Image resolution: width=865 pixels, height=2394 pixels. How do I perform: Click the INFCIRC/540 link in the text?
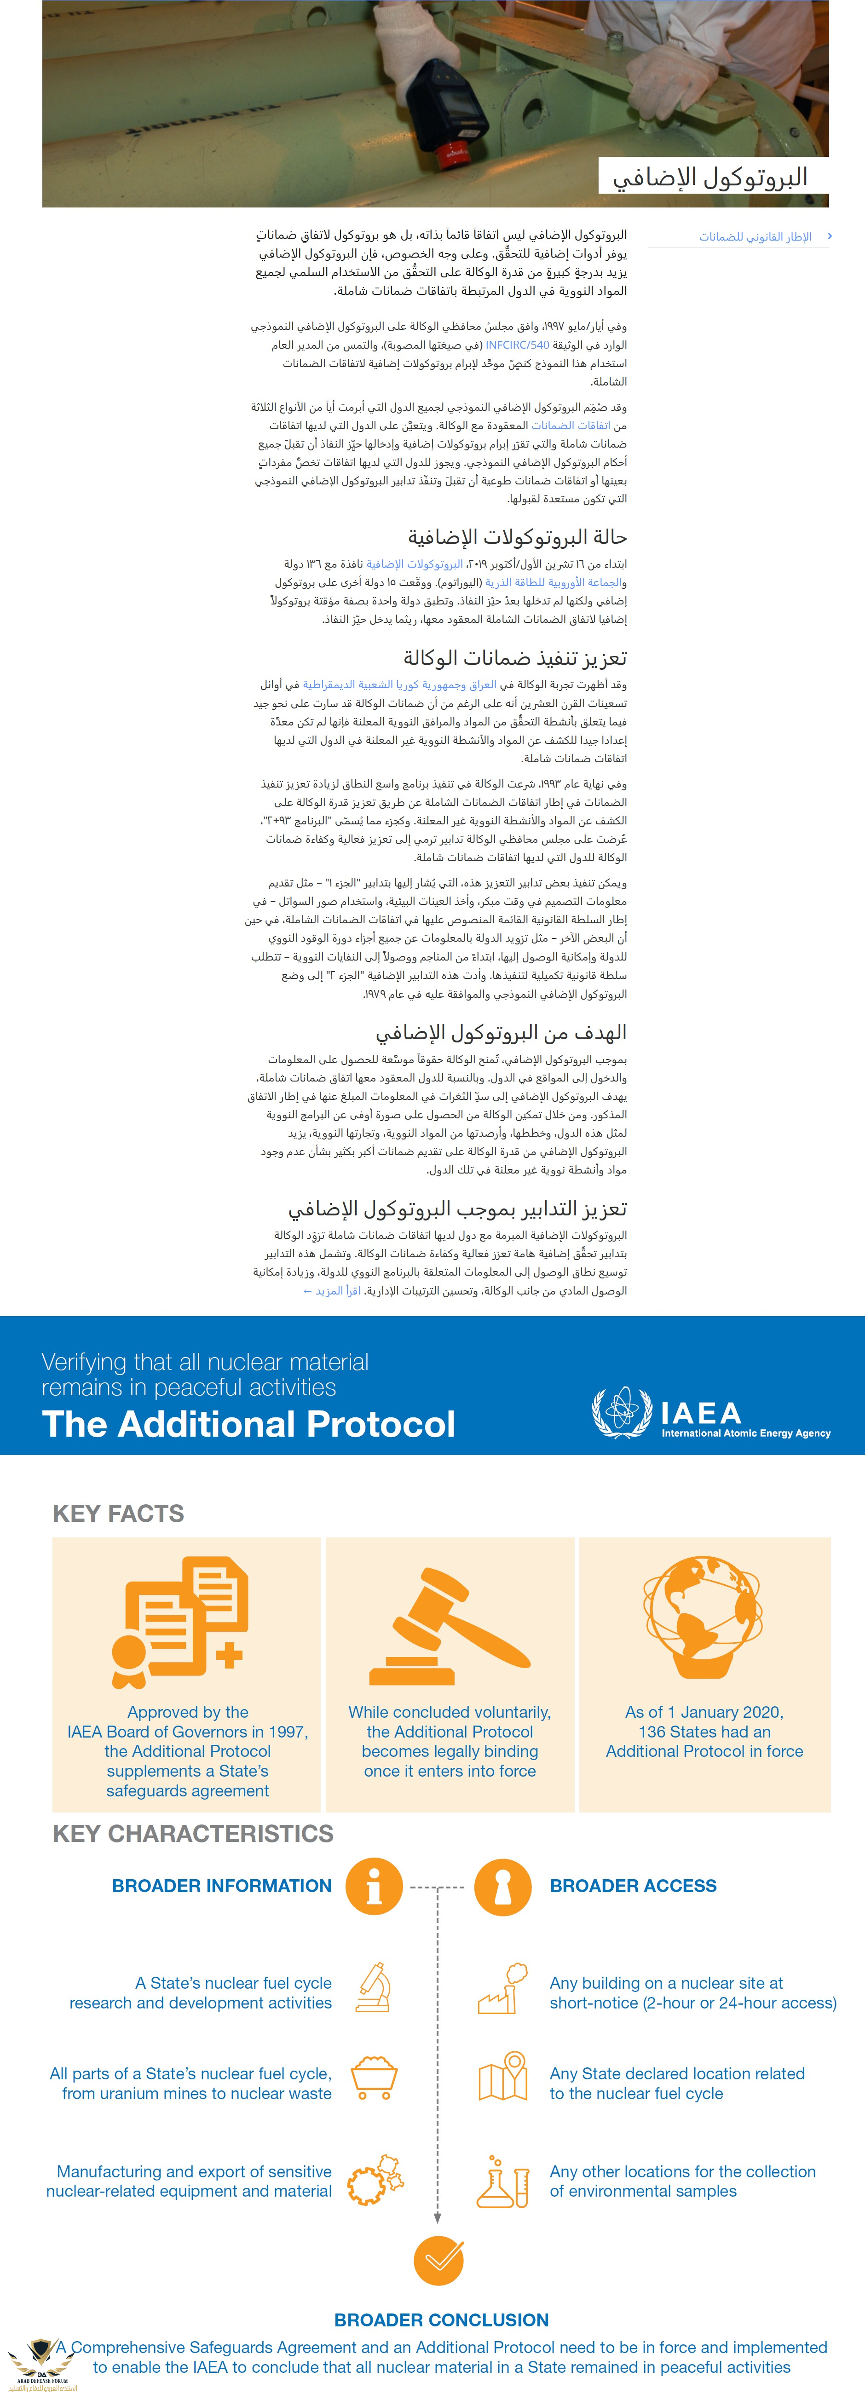(518, 345)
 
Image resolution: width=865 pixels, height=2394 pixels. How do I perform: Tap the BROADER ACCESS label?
(633, 1886)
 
